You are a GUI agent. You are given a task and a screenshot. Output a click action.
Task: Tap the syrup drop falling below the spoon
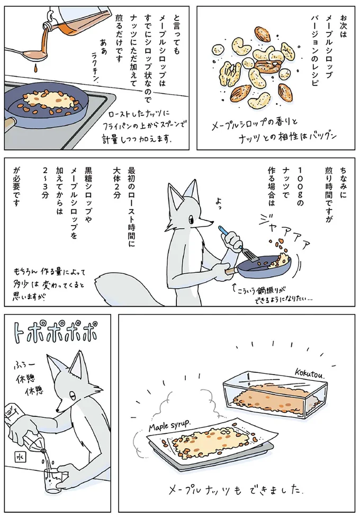coord(33,68)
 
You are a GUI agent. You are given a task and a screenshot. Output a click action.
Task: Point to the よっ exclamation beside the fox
coord(218,202)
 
